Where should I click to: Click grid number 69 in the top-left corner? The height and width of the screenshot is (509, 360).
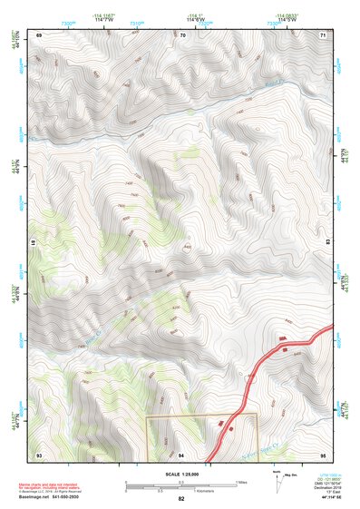39,34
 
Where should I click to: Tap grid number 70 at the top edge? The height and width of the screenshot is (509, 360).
182,34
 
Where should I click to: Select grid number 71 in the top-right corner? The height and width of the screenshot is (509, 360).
324,34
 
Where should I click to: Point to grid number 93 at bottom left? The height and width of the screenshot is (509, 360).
39,454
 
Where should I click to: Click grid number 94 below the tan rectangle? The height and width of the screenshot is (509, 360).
181,454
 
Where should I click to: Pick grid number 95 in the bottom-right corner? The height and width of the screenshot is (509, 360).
324,454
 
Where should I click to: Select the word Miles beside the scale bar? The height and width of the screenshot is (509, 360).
241,482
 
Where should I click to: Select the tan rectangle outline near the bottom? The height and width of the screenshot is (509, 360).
202,416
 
